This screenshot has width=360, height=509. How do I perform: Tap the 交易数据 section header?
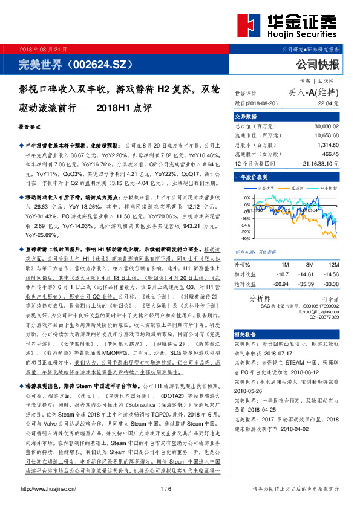coord(246,117)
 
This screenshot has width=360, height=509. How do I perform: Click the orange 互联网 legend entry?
coord(297,188)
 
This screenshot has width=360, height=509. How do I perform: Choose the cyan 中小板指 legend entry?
coord(329,188)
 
